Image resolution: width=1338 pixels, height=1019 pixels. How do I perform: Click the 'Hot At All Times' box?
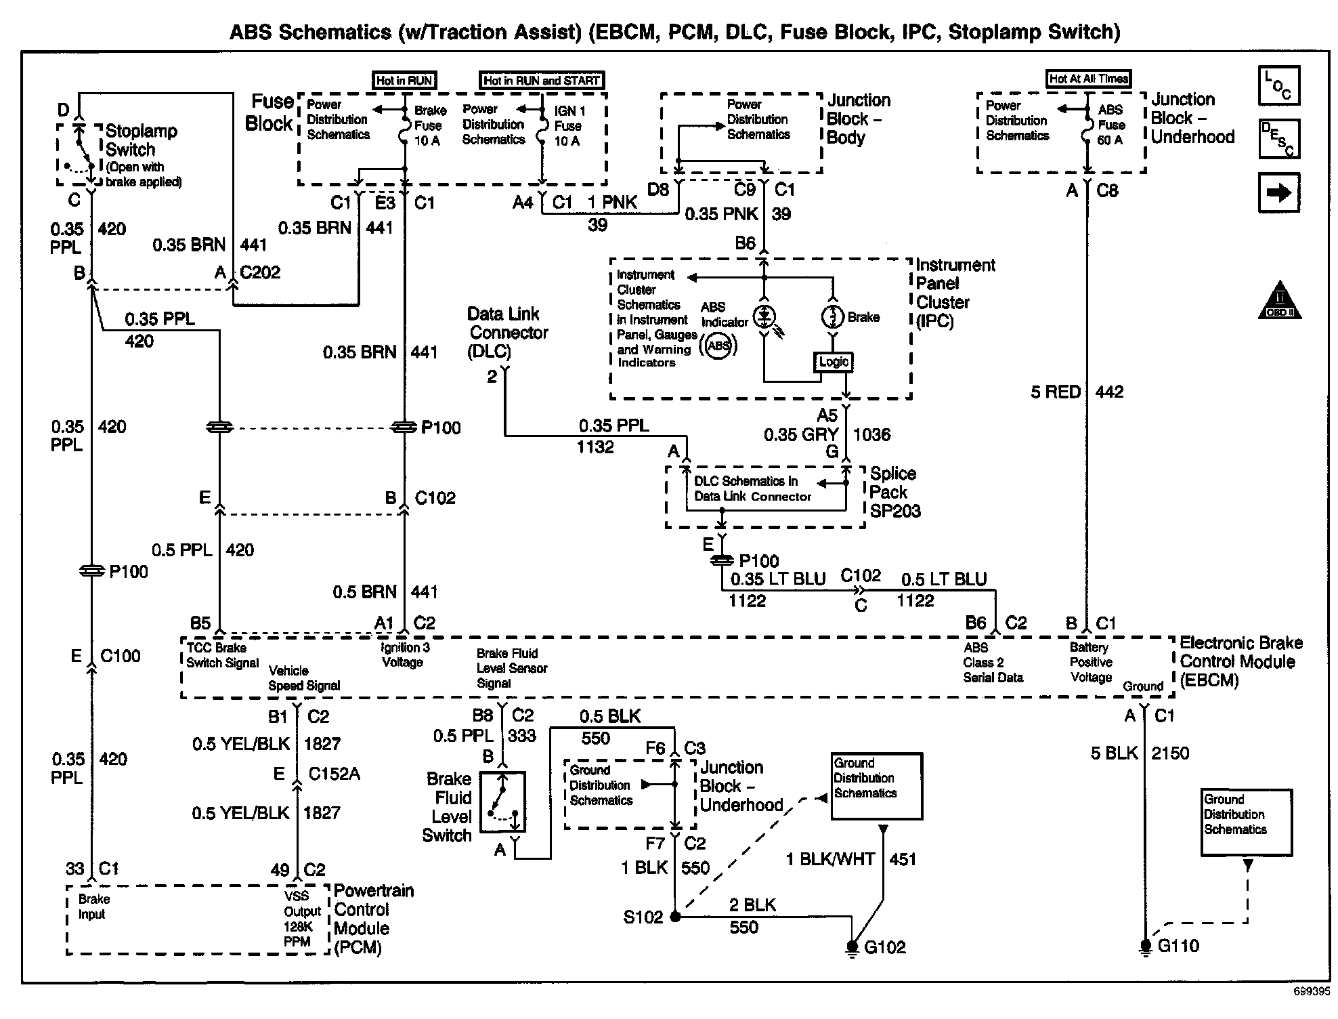click(x=1088, y=79)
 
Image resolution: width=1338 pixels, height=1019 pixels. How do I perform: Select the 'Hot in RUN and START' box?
click(x=542, y=81)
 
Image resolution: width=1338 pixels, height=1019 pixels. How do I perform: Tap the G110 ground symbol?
click(x=1145, y=947)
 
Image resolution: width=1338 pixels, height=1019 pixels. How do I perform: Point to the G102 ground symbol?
click(x=852, y=947)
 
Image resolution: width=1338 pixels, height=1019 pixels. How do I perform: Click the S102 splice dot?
click(x=675, y=917)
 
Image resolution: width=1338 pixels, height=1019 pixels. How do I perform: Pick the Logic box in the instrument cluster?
click(x=833, y=362)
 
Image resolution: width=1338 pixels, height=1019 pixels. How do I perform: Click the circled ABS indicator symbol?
click(x=719, y=346)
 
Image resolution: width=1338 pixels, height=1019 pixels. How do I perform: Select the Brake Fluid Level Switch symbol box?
click(x=503, y=802)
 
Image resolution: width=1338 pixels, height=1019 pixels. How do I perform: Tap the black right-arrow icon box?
click(x=1278, y=193)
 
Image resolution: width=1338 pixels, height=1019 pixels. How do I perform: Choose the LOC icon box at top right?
click(x=1278, y=86)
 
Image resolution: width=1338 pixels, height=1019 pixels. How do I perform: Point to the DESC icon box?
click(x=1278, y=139)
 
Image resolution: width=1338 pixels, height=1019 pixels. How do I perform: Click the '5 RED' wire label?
click(x=1055, y=392)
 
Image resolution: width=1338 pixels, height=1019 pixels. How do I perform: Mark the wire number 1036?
click(x=872, y=435)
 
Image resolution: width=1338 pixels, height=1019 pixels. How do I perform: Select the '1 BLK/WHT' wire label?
click(x=830, y=860)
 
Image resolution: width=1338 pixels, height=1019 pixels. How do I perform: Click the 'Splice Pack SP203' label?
click(x=894, y=493)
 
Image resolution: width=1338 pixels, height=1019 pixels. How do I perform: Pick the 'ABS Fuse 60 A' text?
click(x=1110, y=125)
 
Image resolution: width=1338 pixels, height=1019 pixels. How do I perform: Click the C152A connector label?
click(x=334, y=774)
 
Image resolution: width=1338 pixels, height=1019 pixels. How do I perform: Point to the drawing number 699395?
click(x=1311, y=991)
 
